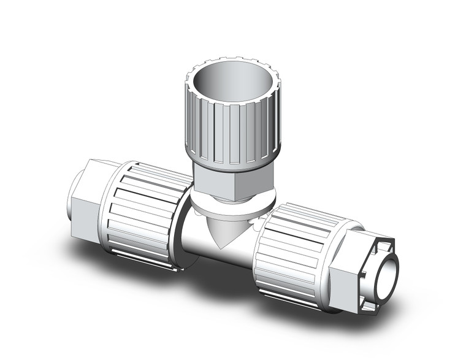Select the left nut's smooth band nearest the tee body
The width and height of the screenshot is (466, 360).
pyautogui.click(x=178, y=221)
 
